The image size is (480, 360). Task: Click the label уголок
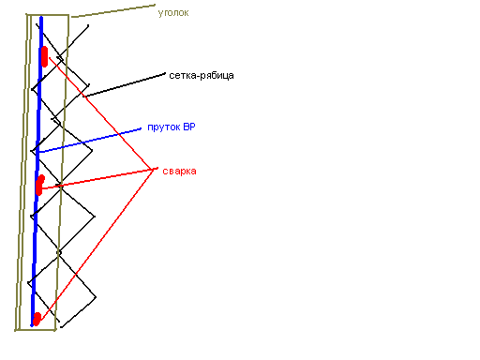tap(173, 13)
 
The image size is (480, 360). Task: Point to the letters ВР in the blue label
tap(189, 127)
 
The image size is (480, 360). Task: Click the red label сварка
tap(179, 172)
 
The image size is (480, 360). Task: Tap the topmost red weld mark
tap(44, 56)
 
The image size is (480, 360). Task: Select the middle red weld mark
tap(39, 186)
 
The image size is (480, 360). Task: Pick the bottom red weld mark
tap(37, 319)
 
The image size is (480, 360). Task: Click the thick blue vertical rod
tap(37, 172)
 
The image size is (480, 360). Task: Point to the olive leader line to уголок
tap(113, 11)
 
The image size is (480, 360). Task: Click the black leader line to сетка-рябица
tap(124, 85)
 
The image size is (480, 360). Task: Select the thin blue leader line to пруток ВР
tap(90, 141)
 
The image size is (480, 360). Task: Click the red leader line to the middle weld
tap(97, 179)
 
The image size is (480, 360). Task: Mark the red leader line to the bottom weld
tap(96, 245)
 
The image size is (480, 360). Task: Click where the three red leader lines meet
tap(153, 170)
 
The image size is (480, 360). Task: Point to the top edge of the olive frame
tap(47, 15)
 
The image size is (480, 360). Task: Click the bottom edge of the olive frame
tap(36, 329)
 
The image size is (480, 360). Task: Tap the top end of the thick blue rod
tap(41, 18)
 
